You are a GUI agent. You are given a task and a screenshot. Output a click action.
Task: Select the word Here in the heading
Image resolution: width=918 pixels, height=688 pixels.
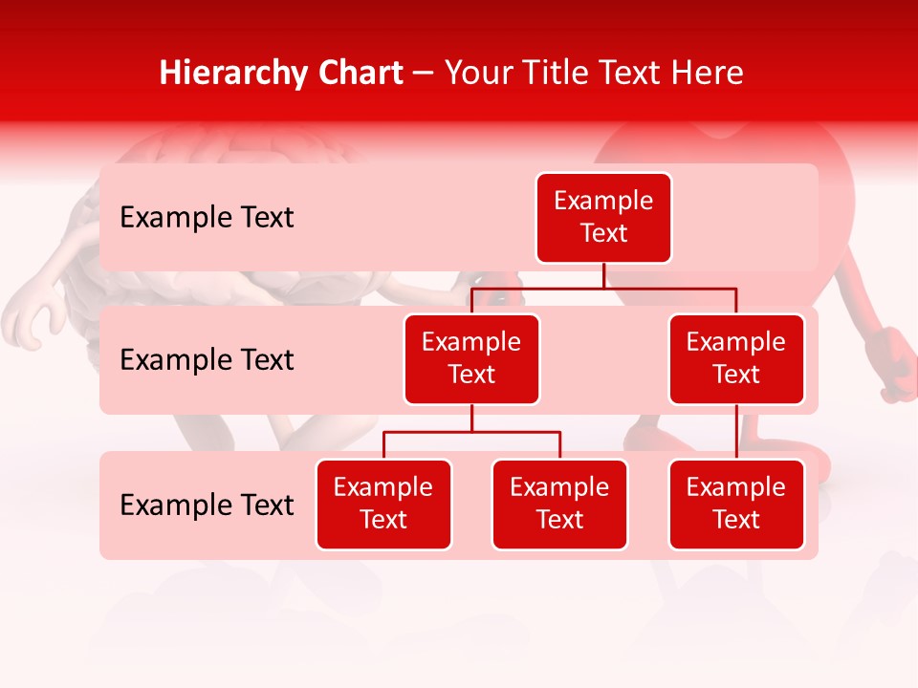(x=707, y=74)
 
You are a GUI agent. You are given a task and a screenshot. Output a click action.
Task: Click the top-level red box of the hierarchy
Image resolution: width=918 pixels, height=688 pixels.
(x=603, y=218)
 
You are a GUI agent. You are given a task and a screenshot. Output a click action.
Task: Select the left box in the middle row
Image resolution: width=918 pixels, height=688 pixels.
(x=471, y=359)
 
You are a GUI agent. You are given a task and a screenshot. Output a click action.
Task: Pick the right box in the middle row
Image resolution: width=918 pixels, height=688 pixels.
(x=736, y=359)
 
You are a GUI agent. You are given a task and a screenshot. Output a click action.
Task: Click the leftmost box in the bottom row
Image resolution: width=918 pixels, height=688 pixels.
(x=383, y=505)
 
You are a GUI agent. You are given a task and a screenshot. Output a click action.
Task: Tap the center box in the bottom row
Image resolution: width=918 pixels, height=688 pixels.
(x=559, y=505)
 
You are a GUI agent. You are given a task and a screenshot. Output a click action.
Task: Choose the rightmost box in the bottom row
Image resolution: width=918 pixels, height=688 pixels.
(x=736, y=505)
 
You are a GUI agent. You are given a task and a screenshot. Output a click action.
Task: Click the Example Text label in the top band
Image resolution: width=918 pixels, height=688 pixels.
(x=207, y=218)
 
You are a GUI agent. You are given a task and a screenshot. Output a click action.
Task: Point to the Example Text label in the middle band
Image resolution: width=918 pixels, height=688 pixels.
(x=207, y=360)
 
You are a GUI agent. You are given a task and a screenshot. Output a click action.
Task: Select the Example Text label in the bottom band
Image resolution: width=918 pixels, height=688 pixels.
(x=207, y=505)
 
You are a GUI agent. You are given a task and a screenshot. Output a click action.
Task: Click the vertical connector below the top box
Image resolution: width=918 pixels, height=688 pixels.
(x=603, y=275)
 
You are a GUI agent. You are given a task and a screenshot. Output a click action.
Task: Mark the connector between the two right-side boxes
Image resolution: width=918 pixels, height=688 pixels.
(x=736, y=432)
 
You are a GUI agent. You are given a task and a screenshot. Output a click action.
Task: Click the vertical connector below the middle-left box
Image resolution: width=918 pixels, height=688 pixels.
(x=471, y=419)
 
